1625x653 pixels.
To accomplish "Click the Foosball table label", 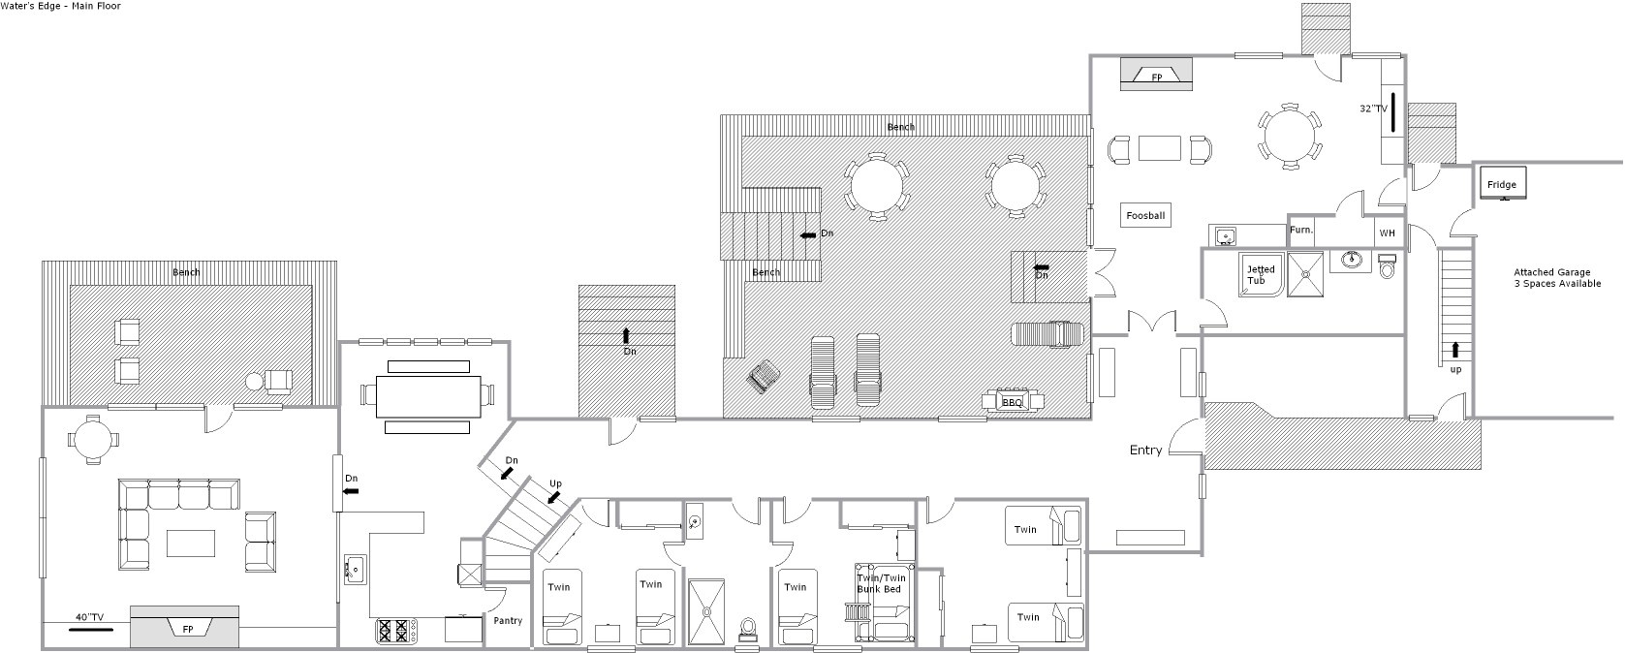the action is tap(1145, 215).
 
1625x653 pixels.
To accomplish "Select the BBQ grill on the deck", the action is tap(1012, 401).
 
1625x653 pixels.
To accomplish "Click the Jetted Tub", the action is tap(1261, 274).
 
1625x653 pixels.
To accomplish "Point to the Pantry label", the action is tap(508, 620).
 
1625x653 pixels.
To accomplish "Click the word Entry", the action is tap(1145, 450).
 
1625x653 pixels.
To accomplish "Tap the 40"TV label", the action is tap(90, 617).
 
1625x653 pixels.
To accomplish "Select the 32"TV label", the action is tap(1373, 109).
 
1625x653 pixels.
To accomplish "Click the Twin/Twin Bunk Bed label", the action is tap(881, 583).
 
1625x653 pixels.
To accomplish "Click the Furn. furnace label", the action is tap(1300, 230).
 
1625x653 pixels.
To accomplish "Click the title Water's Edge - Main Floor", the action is tap(60, 6).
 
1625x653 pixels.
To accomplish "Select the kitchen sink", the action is tap(355, 570).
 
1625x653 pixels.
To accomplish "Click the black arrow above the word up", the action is tap(1455, 351).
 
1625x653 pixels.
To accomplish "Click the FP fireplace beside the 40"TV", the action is tap(185, 626).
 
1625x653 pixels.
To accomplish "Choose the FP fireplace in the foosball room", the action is tap(1156, 74).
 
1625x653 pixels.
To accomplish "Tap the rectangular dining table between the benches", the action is tap(429, 396).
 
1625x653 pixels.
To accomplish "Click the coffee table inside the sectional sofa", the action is tap(191, 544).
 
